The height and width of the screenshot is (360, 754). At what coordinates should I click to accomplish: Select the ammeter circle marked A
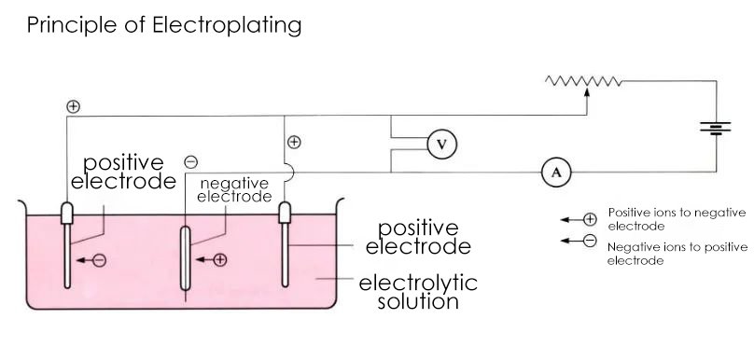tap(556, 172)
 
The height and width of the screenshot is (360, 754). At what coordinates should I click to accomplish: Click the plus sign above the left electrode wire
tap(73, 106)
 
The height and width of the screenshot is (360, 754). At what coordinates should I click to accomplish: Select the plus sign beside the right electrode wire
tap(294, 143)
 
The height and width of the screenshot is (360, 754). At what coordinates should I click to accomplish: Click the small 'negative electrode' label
tap(234, 190)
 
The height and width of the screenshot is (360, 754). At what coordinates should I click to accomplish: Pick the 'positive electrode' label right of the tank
tap(418, 237)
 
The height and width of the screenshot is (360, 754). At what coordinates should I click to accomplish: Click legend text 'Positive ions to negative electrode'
tap(676, 218)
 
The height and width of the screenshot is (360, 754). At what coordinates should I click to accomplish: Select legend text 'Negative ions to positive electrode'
tap(677, 253)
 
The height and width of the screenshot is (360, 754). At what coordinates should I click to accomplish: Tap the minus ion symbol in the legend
tap(590, 242)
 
